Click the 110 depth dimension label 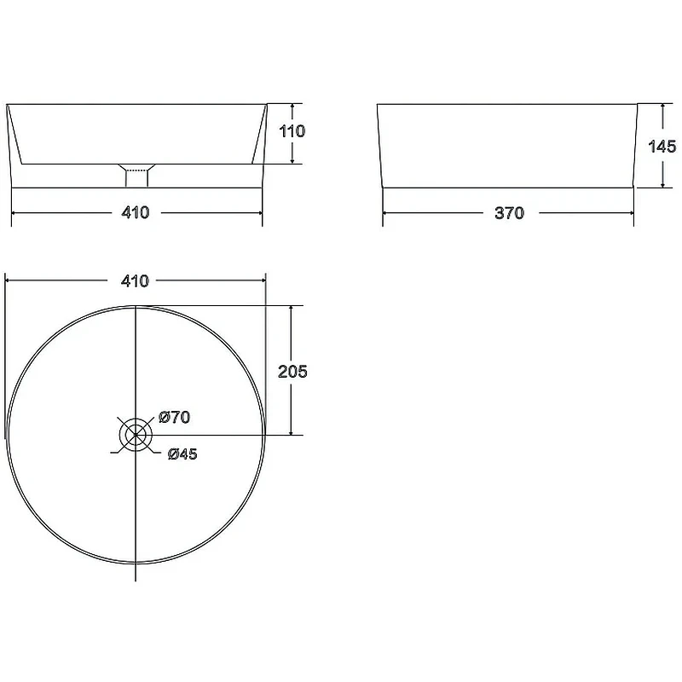point(292,131)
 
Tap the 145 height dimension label point(662,147)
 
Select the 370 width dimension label point(509,213)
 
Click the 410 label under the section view point(136,212)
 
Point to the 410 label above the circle point(135,281)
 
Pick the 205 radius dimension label point(292,372)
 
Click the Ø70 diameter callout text point(175,418)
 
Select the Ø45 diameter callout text point(182,454)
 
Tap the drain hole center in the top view point(136,435)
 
